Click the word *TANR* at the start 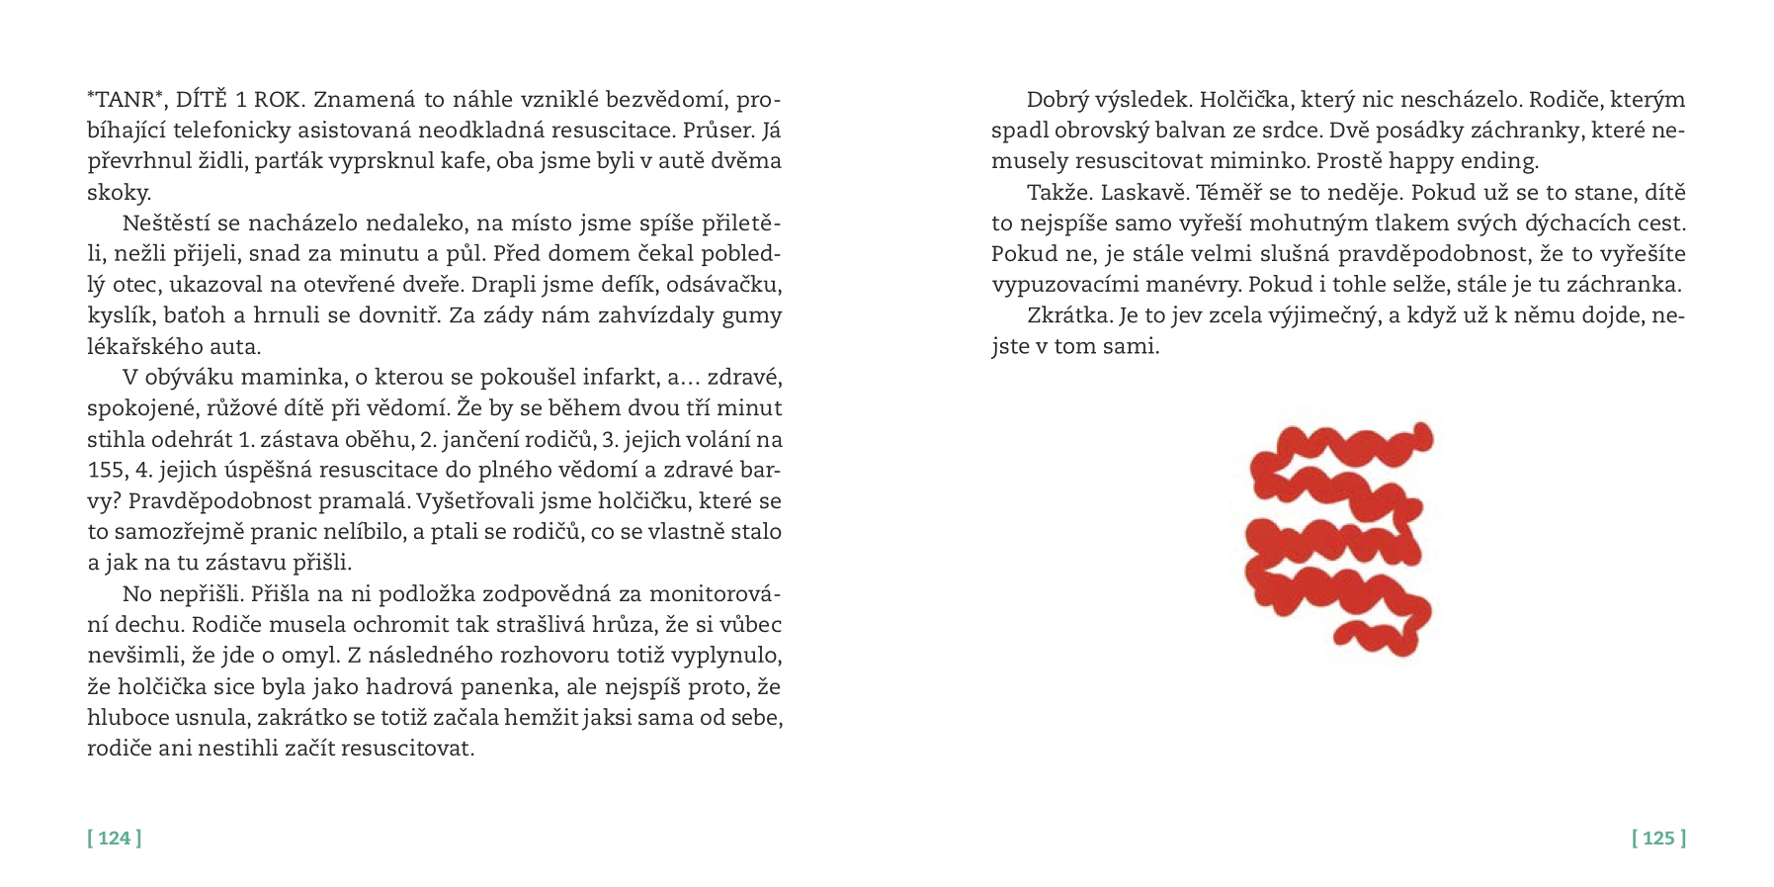[x=124, y=100]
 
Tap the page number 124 [x=115, y=839]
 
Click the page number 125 [x=1658, y=839]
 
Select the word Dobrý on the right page [x=1058, y=100]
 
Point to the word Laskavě [x=1140, y=192]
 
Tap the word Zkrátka [x=1070, y=316]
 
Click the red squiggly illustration [x=1339, y=539]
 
